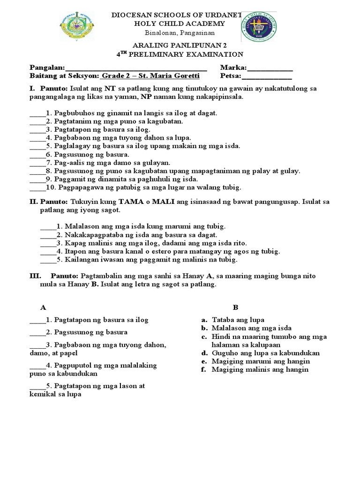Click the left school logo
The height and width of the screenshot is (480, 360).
tap(77, 27)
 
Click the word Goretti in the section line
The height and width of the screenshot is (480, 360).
tap(186, 76)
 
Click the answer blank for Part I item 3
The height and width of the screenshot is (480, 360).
tap(36, 129)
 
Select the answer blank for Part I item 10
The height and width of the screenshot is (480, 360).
tap(37, 187)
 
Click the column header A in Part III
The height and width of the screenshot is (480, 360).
tap(43, 307)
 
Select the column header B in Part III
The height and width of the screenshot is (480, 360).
tap(236, 307)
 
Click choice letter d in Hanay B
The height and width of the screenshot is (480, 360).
tap(204, 353)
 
